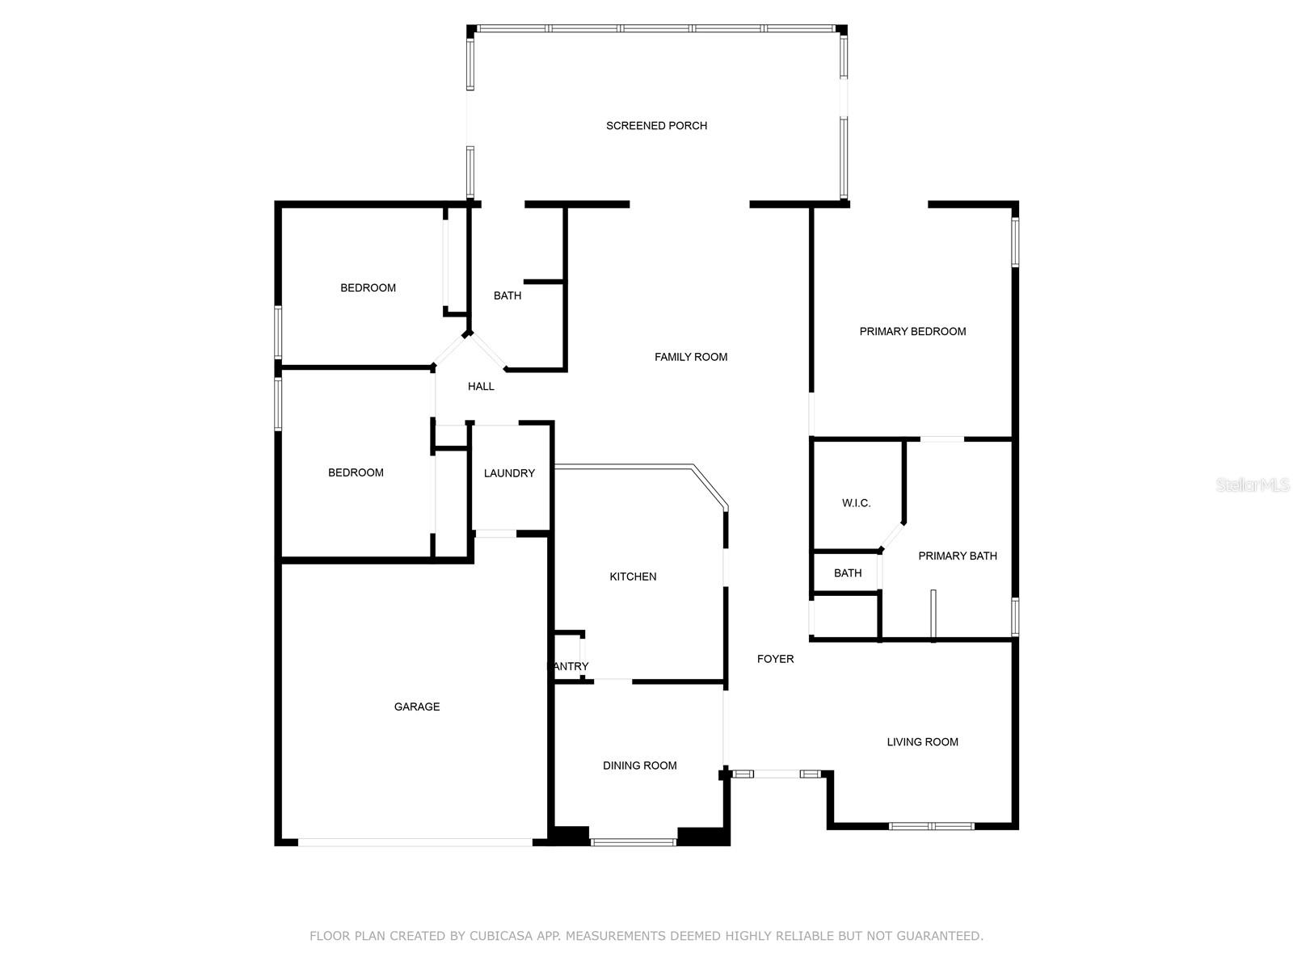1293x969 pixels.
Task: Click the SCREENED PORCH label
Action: [656, 126]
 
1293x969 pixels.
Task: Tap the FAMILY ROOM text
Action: [690, 357]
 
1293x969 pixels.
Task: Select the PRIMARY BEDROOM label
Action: [912, 331]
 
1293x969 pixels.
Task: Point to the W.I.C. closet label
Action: [856, 503]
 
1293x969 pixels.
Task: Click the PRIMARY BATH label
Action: [957, 556]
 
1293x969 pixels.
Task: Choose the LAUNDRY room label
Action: [509, 473]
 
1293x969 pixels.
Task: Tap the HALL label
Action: [481, 387]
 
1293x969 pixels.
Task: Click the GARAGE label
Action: [417, 707]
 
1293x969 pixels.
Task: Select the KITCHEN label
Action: [633, 577]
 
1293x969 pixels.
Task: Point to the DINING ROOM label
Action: [639, 766]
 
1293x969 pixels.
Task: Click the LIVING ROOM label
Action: [922, 742]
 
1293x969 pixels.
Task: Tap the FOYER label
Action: [775, 659]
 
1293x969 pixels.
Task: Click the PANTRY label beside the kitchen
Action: [569, 666]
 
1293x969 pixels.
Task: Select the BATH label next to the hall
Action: [508, 296]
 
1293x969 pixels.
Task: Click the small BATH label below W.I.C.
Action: [848, 573]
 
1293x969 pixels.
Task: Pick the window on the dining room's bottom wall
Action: [633, 842]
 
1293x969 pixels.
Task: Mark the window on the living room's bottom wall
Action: [931, 826]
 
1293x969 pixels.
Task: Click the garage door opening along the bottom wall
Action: [415, 842]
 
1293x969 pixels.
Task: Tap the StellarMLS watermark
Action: [1253, 485]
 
